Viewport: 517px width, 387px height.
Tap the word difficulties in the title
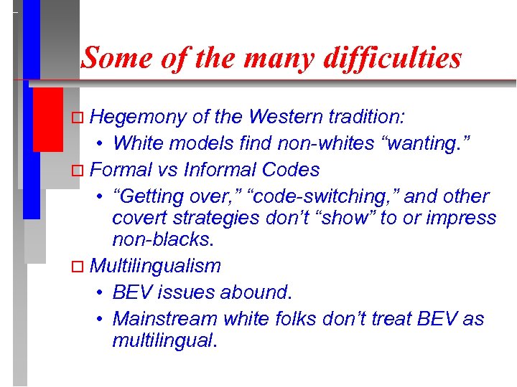tap(393, 58)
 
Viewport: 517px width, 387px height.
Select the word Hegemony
tap(139, 117)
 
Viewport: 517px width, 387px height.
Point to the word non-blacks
tap(162, 239)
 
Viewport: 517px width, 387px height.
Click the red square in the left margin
tap(48, 120)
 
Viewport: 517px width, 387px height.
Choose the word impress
tap(458, 218)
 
